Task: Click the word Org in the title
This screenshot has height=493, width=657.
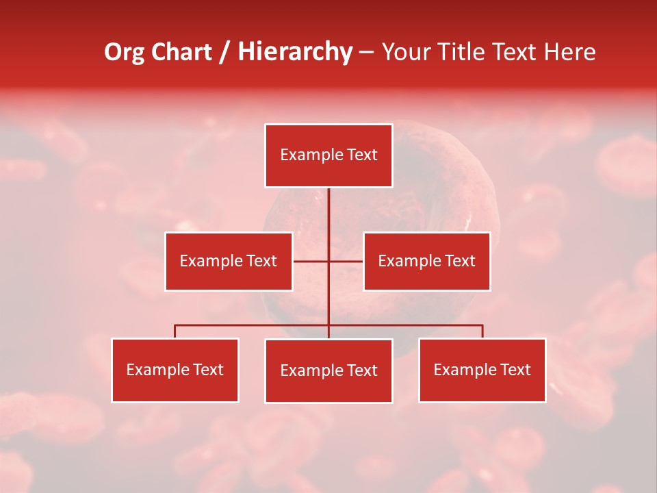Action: coord(124,52)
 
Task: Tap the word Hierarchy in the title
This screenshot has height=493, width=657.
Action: coord(295,52)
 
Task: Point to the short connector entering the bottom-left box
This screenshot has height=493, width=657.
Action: coord(175,331)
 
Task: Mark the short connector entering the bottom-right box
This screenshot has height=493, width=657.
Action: coord(482,331)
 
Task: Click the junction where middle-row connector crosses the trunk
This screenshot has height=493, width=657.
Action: coord(328,261)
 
